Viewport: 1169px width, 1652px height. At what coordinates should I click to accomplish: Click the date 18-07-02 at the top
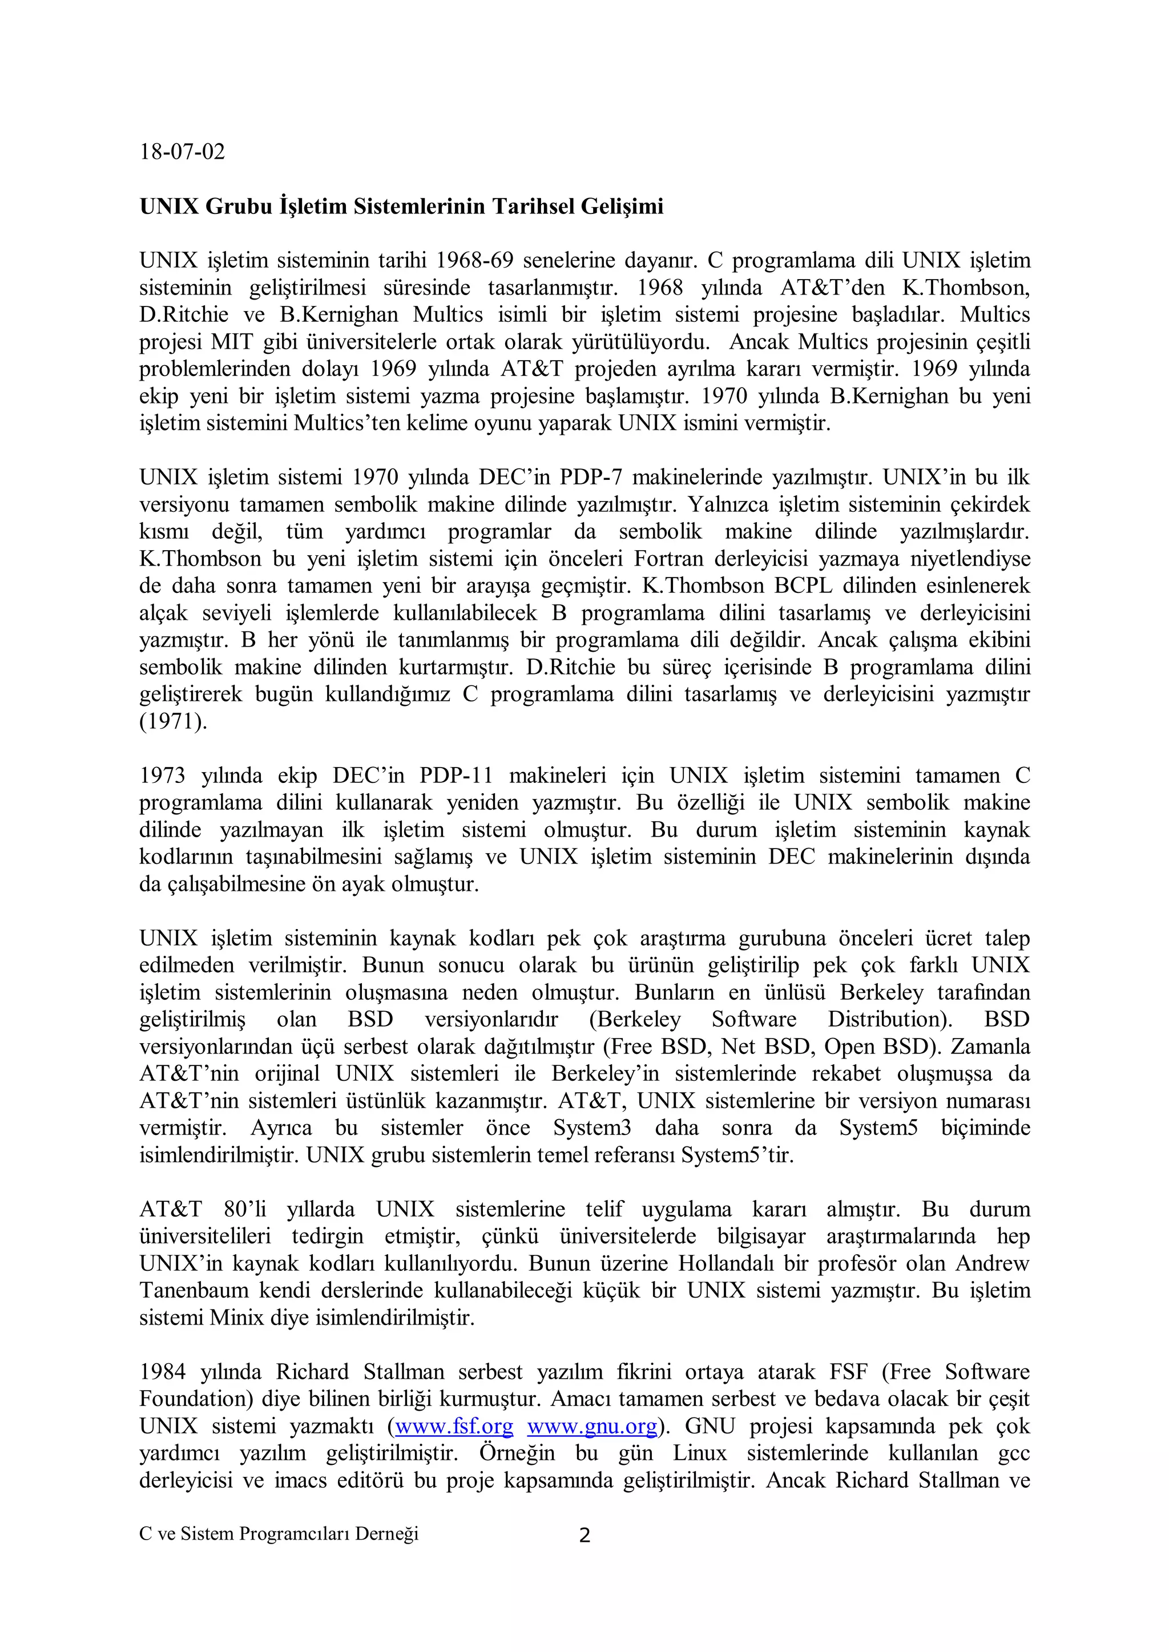[x=182, y=152]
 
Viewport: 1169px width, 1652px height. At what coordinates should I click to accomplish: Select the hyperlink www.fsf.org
[x=454, y=1426]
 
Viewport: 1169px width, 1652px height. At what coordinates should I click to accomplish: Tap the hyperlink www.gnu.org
[x=592, y=1426]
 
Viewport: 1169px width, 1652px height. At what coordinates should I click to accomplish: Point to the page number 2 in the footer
[x=584, y=1536]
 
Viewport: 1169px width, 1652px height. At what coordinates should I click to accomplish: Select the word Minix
[x=237, y=1318]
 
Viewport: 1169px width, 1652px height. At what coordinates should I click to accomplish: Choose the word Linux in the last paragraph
[x=700, y=1453]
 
